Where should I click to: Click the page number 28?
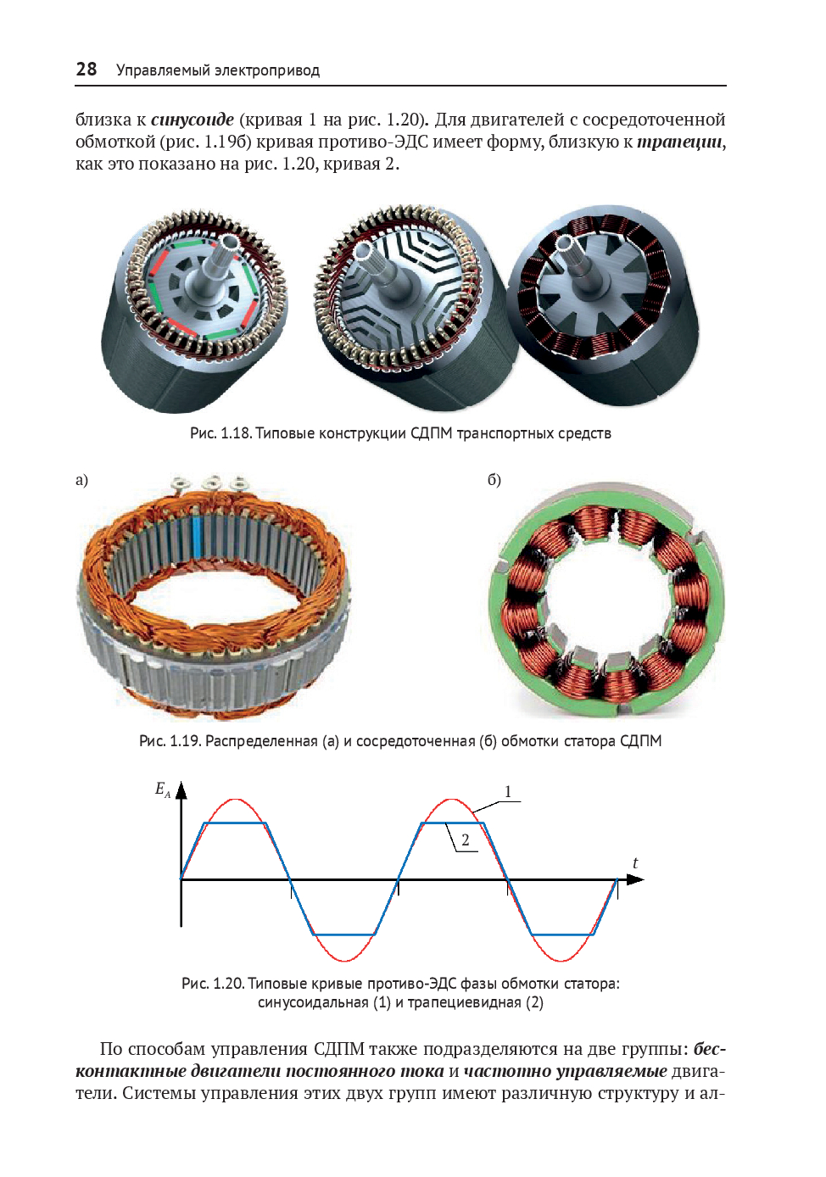point(87,70)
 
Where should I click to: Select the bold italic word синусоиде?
point(193,120)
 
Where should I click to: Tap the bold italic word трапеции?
point(680,142)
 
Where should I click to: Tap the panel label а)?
point(81,480)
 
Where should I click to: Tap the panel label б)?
point(494,480)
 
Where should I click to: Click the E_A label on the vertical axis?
point(162,789)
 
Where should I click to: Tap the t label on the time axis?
point(635,863)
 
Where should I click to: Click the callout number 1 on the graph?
point(508,791)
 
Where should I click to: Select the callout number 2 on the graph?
point(465,840)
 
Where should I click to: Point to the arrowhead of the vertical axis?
point(181,790)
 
